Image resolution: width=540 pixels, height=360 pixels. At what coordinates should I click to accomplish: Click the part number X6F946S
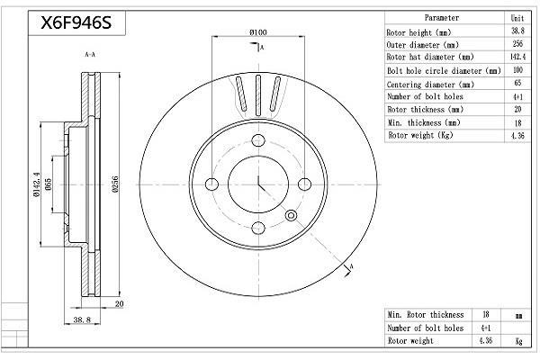(x=76, y=23)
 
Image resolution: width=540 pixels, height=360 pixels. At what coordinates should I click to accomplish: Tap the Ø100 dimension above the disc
(x=258, y=32)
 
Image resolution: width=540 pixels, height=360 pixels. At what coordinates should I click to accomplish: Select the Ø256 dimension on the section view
(x=115, y=184)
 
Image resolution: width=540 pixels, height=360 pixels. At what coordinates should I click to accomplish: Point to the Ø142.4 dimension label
(x=37, y=184)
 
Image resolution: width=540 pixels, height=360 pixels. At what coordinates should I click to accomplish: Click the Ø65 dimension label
(x=48, y=185)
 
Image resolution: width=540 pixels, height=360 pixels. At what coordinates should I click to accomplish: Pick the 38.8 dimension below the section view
(x=82, y=319)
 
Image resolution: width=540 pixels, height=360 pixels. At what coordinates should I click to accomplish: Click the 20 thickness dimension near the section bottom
(x=119, y=304)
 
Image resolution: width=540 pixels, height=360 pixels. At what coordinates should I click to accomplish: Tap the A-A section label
(x=90, y=54)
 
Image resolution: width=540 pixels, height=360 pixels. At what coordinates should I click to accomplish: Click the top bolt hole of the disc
(x=258, y=140)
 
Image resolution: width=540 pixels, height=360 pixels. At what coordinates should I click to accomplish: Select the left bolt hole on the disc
(x=211, y=184)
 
